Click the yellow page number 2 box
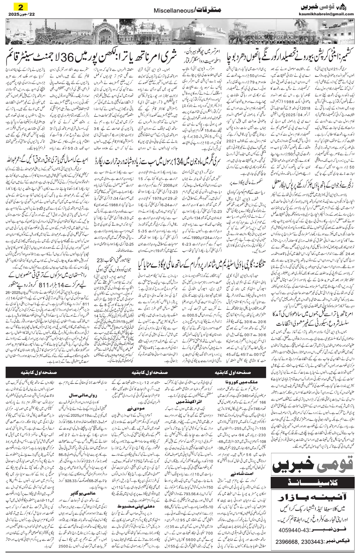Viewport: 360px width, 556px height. pos(18,7)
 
